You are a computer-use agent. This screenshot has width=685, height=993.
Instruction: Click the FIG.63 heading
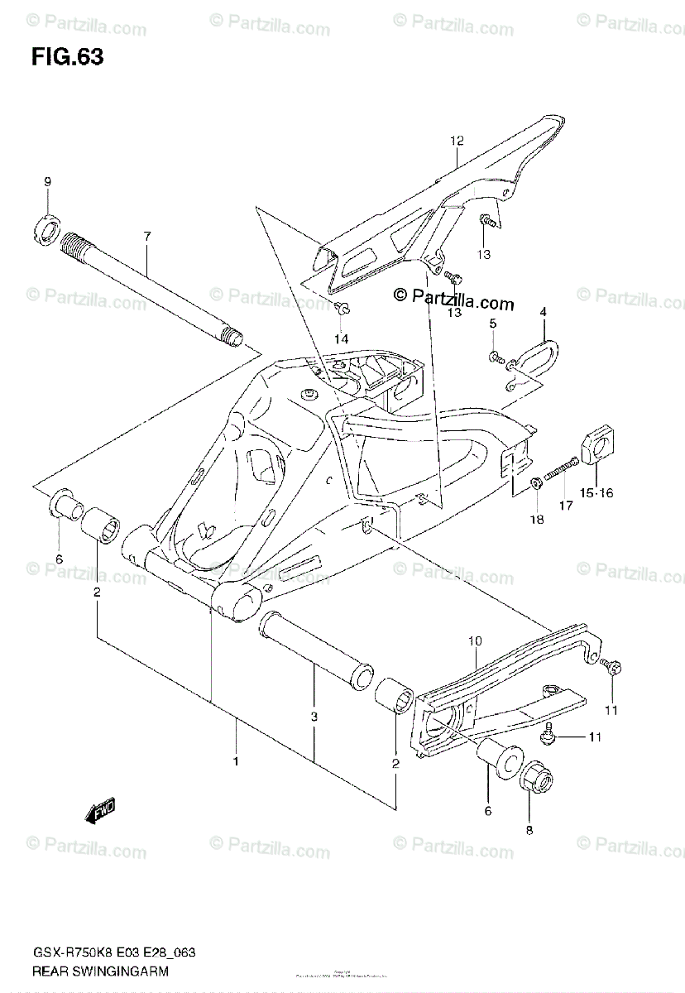(67, 57)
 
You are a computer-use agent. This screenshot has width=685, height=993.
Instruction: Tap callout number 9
(48, 182)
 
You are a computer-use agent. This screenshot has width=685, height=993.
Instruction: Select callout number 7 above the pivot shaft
(146, 237)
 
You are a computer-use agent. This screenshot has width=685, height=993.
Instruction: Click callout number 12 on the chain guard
(453, 142)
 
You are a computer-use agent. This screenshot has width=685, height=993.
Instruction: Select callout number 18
(537, 519)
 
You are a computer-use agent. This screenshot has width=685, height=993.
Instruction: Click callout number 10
(474, 640)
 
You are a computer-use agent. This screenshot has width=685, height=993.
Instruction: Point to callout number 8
(529, 829)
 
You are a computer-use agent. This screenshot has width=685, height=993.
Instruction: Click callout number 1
(235, 760)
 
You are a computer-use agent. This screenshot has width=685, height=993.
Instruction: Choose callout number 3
(314, 718)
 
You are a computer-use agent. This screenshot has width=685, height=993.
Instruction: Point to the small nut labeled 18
(535, 482)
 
